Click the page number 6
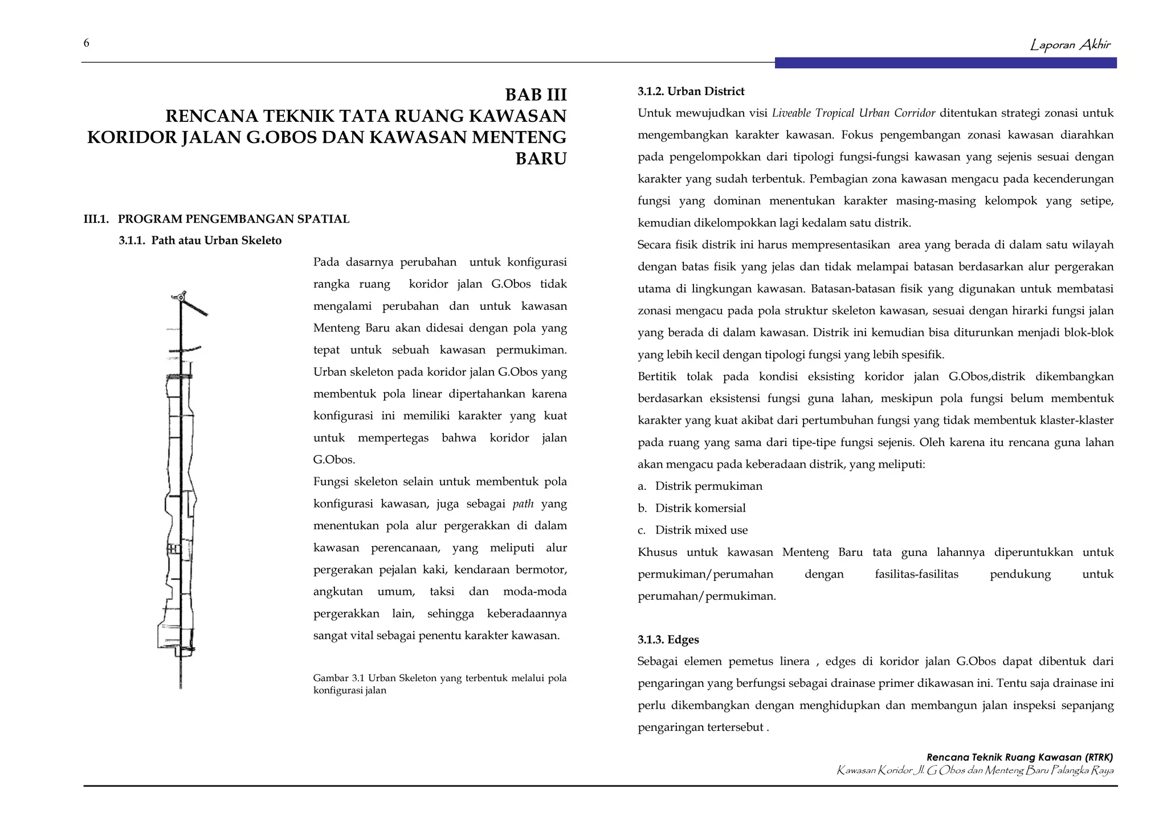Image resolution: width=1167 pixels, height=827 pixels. coord(87,43)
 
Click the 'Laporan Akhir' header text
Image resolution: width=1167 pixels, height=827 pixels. coord(1070,45)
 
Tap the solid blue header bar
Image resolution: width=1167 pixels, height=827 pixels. coord(945,63)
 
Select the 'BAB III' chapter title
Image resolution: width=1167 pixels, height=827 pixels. coord(536,95)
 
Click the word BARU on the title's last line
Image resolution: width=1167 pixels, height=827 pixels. coord(541,159)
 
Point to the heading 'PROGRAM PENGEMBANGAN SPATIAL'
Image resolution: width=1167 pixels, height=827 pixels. coord(233,219)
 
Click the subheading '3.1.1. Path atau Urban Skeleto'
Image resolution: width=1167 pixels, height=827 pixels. coord(200,240)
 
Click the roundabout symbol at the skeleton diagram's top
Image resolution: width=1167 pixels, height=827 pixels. coord(181,297)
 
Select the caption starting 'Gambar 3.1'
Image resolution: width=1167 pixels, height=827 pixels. coord(439,684)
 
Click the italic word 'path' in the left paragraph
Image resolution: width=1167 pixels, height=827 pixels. coord(523,504)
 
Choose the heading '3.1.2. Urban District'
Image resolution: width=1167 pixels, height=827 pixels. coord(691,91)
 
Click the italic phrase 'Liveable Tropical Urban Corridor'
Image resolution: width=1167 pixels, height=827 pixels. coord(853,113)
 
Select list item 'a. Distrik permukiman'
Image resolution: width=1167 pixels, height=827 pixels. coord(700,486)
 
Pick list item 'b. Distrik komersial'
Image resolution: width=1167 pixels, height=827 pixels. coord(691,508)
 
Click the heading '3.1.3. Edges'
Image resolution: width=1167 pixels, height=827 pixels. coord(668,640)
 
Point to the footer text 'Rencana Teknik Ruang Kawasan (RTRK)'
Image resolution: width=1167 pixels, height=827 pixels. coord(1019,758)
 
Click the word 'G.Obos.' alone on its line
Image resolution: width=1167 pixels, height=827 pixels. coord(334,460)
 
